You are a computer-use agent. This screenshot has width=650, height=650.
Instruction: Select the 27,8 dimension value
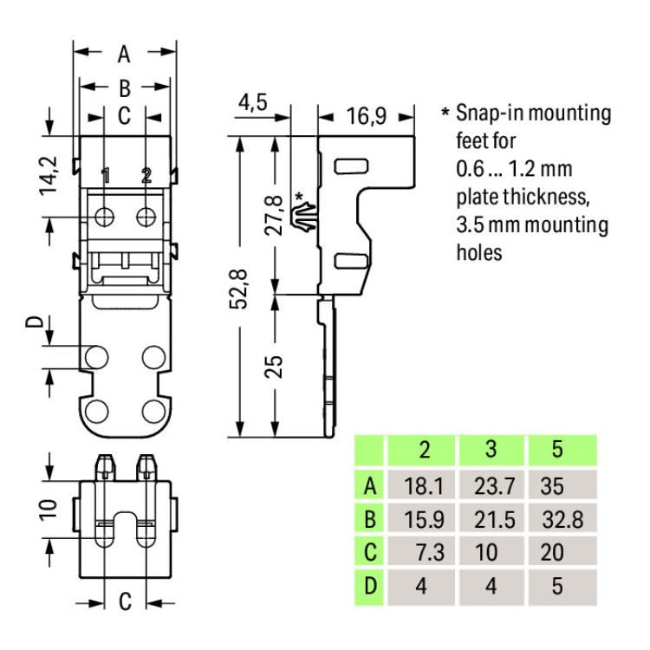[x=275, y=215]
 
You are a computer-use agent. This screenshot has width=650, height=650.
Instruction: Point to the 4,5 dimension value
[x=252, y=103]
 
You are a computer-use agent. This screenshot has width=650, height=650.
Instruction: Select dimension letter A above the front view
[x=124, y=55]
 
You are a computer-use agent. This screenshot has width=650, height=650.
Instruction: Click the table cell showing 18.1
[x=424, y=485]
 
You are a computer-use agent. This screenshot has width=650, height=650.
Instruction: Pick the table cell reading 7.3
[x=424, y=553]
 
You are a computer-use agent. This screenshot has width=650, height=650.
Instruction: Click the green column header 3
[x=491, y=450]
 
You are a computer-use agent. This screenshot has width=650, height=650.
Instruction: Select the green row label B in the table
[x=370, y=519]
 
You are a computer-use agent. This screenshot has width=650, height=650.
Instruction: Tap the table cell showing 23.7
[x=491, y=485]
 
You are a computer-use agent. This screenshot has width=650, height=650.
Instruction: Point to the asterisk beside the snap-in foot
[x=300, y=198]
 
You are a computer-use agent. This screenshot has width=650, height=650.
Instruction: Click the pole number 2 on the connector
[x=146, y=176]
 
